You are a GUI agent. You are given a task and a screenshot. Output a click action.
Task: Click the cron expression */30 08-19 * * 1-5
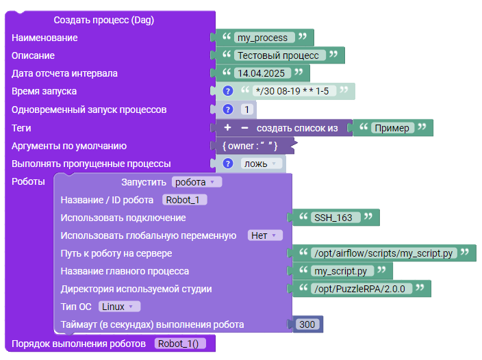tap(294, 91)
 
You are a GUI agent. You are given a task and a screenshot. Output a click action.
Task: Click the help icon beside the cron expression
tap(228, 91)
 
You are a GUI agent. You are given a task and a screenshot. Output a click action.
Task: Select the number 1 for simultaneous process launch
tap(247, 110)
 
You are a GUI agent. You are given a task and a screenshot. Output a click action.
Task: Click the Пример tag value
tap(393, 128)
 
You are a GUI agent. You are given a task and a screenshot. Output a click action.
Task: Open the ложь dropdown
tap(262, 164)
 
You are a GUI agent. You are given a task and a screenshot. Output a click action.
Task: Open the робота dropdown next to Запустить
tap(196, 182)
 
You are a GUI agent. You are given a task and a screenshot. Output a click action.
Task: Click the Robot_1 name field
tap(184, 200)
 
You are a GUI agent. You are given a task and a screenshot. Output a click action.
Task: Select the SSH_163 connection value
tap(335, 218)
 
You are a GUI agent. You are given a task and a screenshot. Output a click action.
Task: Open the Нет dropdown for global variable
tap(265, 235)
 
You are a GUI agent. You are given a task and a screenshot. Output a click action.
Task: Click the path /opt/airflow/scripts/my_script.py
tap(384, 253)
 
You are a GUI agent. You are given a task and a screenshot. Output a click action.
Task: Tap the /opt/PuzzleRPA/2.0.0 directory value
tap(361, 289)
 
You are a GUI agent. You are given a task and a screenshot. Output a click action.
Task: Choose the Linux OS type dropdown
tap(119, 307)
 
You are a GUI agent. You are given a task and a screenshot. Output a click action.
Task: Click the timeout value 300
tap(307, 324)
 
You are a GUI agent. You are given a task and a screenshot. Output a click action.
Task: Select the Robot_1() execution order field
tap(180, 344)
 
